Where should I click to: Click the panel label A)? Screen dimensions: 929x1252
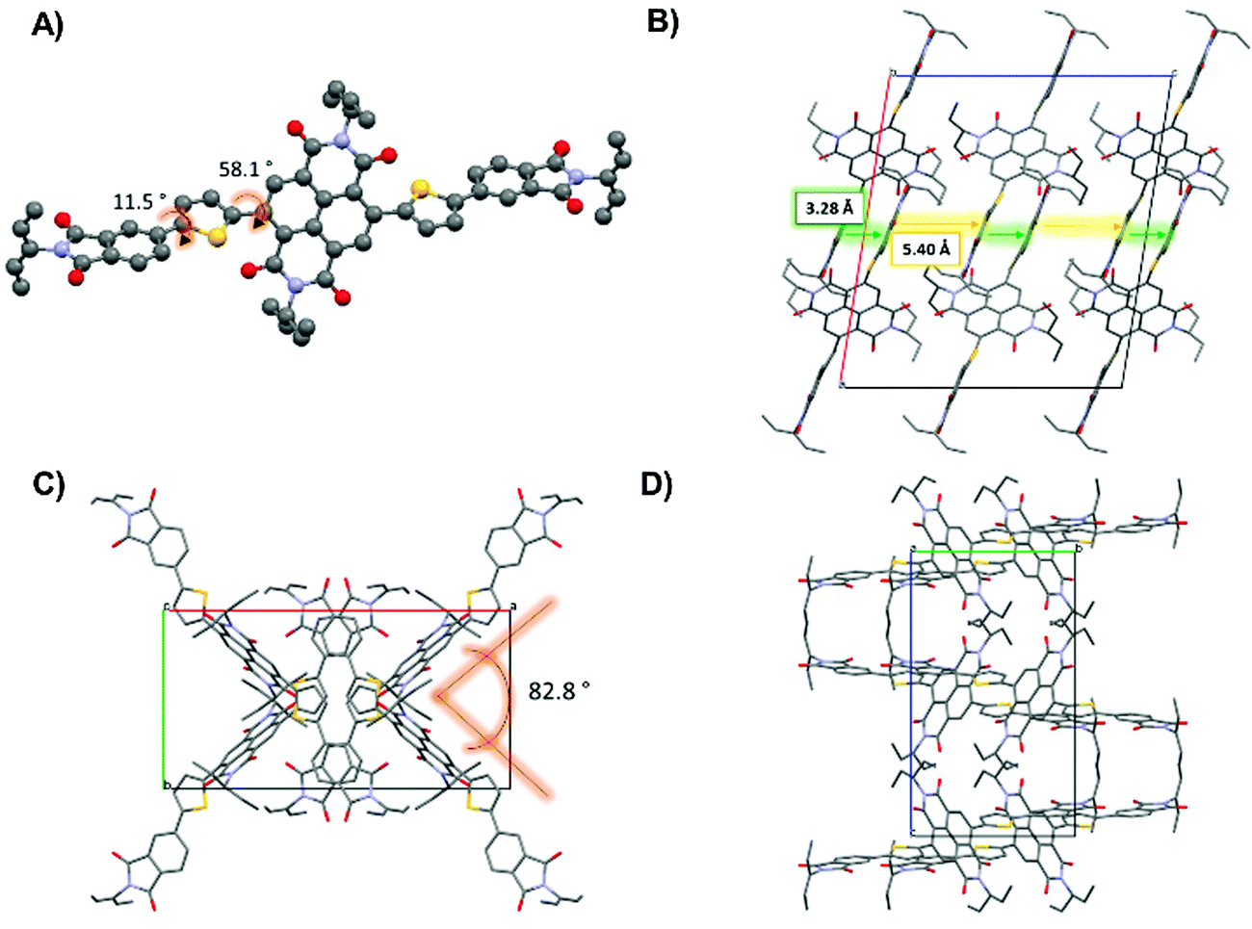coord(48,26)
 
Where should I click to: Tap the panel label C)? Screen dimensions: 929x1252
coord(47,484)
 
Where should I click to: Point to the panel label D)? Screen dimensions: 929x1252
coord(664,484)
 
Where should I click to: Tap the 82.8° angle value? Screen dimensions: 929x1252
coord(561,690)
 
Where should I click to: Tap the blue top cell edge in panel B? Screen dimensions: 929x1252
coord(1030,73)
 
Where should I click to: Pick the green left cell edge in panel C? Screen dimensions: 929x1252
coord(164,698)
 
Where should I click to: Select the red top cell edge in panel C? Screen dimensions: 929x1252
coord(337,609)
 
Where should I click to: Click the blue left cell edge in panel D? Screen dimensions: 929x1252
coord(911,693)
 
